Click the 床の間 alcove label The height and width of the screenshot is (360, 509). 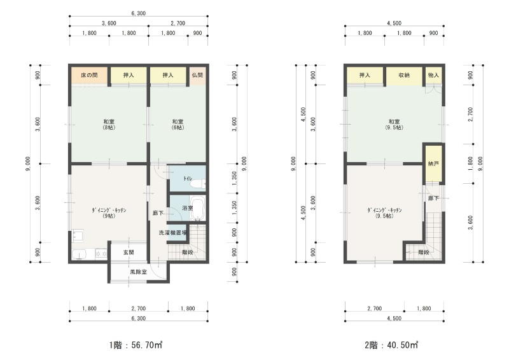(x=89, y=75)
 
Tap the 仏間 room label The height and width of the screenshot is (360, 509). (x=197, y=75)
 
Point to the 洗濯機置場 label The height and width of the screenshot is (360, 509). (x=172, y=232)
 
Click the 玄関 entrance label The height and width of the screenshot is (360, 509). (x=129, y=253)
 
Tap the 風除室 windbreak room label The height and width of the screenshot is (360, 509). (x=138, y=272)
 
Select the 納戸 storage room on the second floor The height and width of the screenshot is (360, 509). (x=434, y=163)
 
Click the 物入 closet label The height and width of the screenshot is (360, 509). (x=433, y=75)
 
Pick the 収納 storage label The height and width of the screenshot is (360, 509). (x=404, y=75)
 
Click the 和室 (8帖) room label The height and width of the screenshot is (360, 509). (x=109, y=124)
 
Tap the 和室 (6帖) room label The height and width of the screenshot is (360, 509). (x=178, y=124)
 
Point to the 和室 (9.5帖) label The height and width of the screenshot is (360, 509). (x=394, y=124)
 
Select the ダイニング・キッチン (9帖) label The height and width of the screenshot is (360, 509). (x=109, y=213)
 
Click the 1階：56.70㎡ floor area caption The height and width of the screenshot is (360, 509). (x=136, y=345)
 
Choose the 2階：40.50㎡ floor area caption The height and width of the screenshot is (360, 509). (x=391, y=345)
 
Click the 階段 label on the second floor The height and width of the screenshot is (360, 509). (x=424, y=253)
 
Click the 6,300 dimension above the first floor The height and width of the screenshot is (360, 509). (x=139, y=13)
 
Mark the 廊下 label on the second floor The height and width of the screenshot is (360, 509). (x=433, y=198)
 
